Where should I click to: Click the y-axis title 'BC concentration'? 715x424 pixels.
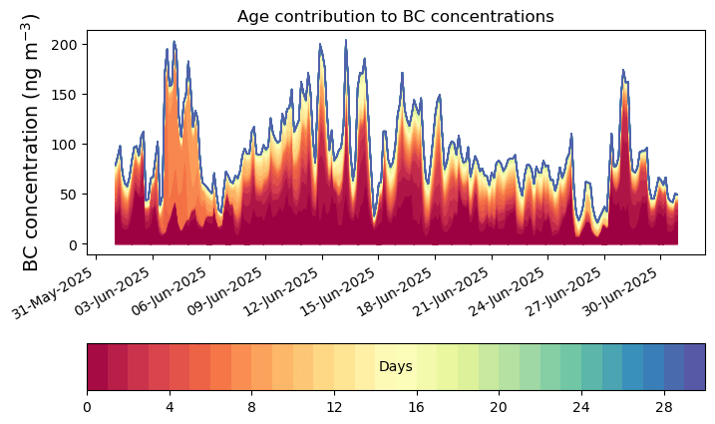tap(31, 142)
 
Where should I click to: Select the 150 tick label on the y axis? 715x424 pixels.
tap(66, 95)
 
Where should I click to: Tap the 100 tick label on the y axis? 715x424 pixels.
tap(66, 145)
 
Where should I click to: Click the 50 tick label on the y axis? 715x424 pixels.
tap(70, 195)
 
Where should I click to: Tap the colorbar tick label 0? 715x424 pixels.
tap(87, 407)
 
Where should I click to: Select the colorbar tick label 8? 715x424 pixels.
tap(252, 407)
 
